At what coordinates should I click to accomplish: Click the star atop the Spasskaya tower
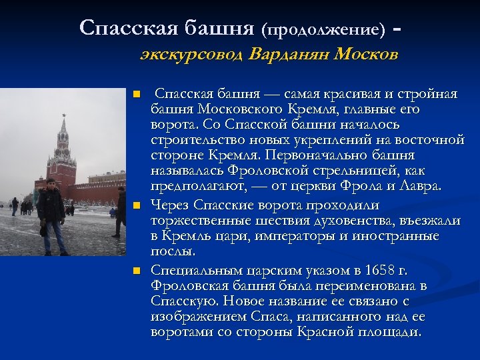click(64, 117)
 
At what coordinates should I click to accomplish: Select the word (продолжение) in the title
click(323, 30)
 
